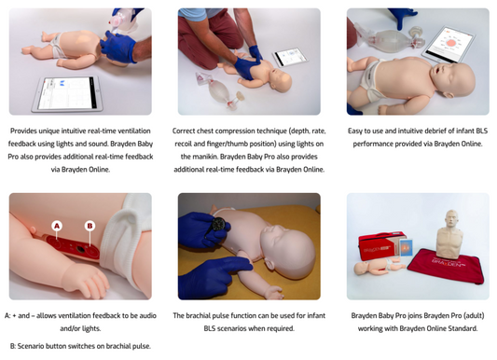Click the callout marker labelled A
click(x=57, y=225)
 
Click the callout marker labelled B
click(x=90, y=225)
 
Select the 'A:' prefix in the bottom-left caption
click(x=9, y=316)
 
